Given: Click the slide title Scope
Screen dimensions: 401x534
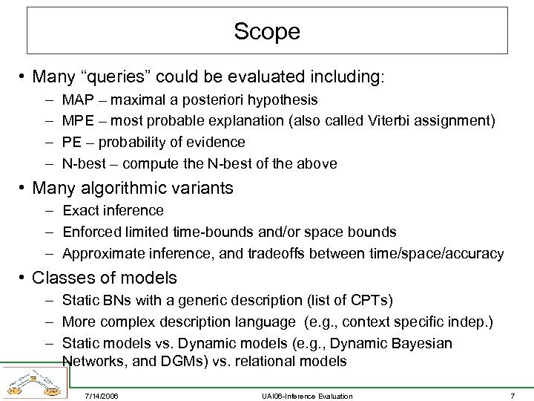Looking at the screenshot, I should point(267,31).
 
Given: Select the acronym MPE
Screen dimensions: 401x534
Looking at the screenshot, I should point(76,120).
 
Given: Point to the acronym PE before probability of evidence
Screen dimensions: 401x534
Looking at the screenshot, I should point(71,142).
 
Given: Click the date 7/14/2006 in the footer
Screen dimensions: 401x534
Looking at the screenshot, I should point(102,396).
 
